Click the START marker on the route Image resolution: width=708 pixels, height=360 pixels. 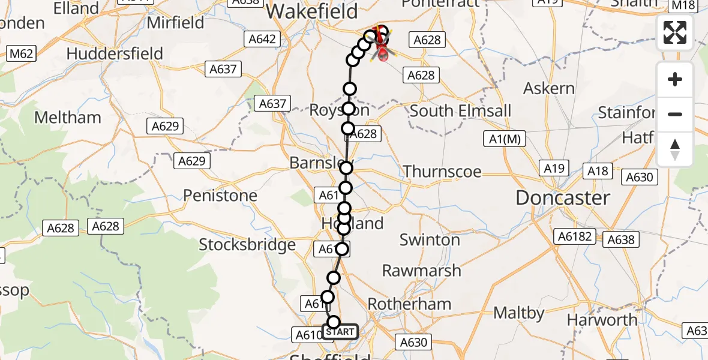click(x=340, y=332)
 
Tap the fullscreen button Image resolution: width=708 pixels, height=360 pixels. click(x=675, y=32)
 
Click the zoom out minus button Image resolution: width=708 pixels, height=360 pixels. click(x=675, y=114)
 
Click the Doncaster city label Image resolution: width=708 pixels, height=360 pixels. click(x=563, y=197)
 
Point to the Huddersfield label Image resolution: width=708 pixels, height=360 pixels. click(x=115, y=53)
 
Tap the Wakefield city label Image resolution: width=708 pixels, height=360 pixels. click(x=312, y=11)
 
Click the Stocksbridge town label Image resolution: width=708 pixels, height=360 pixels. click(x=247, y=244)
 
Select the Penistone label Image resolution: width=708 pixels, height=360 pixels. click(x=220, y=195)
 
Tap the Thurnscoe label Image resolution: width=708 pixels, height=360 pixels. click(x=442, y=172)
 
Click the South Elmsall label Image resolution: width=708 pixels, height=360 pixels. click(x=461, y=111)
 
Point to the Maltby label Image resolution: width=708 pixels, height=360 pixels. click(x=520, y=313)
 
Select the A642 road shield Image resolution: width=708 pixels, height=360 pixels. click(x=262, y=40)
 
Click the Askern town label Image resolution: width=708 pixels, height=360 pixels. click(x=549, y=88)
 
